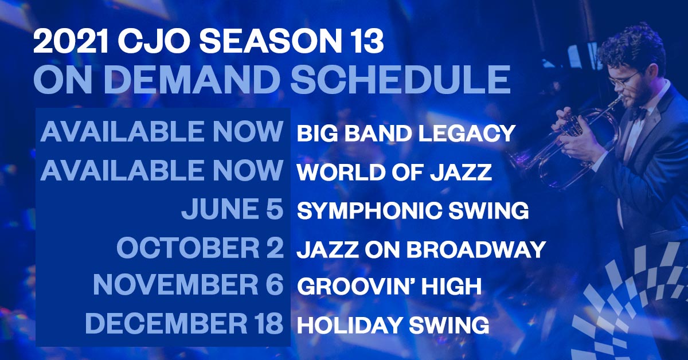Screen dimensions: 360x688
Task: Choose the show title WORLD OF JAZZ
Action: point(394,172)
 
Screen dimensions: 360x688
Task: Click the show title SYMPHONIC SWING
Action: point(412,210)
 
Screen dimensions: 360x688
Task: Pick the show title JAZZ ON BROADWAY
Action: point(421,249)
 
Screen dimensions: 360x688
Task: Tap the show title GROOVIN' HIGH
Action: point(389,287)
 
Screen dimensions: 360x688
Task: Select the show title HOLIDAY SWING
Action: point(393,326)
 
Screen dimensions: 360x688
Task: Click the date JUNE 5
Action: point(232,210)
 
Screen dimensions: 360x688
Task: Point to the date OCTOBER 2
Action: point(200,249)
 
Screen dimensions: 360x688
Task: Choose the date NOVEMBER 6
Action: point(188,286)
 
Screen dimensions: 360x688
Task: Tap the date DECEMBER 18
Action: point(184,324)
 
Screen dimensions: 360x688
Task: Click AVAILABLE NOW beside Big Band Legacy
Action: point(162,132)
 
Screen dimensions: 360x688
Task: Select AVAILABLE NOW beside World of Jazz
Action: point(162,171)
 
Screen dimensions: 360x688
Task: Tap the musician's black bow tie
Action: point(638,113)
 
